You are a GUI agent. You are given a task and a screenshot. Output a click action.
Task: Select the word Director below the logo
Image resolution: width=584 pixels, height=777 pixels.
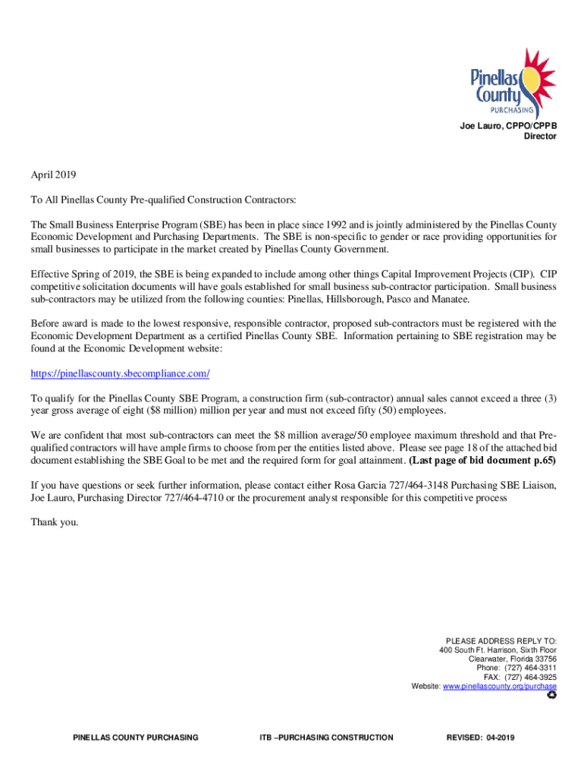tap(540, 137)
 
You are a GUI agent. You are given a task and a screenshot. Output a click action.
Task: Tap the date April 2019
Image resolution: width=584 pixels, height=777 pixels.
tap(54, 175)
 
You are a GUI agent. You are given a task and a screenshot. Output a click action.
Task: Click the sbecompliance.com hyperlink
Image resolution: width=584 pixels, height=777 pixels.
tap(120, 374)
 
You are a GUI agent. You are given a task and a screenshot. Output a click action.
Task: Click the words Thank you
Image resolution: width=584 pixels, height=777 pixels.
tap(54, 523)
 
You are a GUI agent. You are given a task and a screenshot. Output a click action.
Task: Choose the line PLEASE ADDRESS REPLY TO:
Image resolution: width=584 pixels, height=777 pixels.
tap(501, 640)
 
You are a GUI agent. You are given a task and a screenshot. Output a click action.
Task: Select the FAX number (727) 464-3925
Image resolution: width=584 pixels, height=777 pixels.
tap(520, 678)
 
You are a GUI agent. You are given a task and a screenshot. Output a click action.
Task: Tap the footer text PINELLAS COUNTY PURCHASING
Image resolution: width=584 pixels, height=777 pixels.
tap(135, 737)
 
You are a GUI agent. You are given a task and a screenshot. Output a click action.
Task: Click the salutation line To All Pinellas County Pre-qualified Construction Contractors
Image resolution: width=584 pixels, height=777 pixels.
tap(163, 200)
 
